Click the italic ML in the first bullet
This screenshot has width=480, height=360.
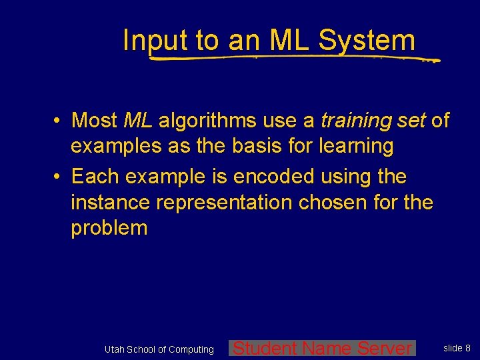tap(138, 121)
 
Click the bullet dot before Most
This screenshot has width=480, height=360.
tap(59, 121)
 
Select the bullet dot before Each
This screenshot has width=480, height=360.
tap(59, 177)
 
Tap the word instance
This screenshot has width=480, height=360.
tap(106, 202)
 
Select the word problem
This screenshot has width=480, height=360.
tap(109, 228)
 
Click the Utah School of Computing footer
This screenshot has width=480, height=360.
tap(159, 349)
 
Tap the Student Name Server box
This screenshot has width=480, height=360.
tap(323, 348)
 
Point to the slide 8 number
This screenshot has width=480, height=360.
tap(457, 348)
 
